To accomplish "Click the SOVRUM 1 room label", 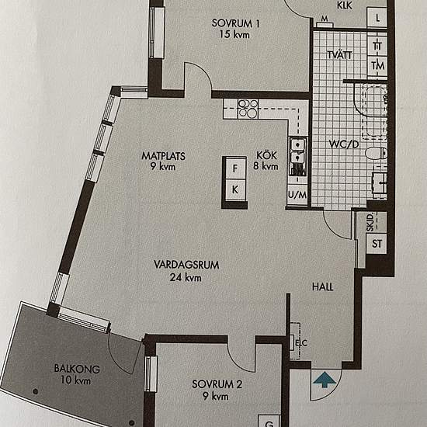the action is click(x=236, y=23).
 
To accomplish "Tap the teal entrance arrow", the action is click(x=325, y=380).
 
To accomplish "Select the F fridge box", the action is click(x=235, y=168).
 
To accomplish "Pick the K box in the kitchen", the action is click(x=235, y=189).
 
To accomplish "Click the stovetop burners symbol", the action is click(x=248, y=109).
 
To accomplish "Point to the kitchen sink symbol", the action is click(x=297, y=156).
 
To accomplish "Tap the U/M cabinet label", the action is click(x=297, y=195).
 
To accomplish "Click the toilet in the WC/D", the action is click(x=376, y=153).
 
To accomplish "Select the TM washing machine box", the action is click(x=378, y=66).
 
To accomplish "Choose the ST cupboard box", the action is click(x=377, y=244).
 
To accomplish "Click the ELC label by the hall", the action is click(x=301, y=343).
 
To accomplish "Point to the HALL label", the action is click(x=323, y=286).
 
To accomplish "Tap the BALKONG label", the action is click(x=77, y=369).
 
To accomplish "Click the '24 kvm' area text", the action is click(x=186, y=277).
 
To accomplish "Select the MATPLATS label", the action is click(x=163, y=156).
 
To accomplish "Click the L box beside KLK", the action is click(x=377, y=17).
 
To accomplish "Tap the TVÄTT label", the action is click(x=339, y=55).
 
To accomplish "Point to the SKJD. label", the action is click(x=370, y=223).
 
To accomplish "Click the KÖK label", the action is click(x=266, y=155).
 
